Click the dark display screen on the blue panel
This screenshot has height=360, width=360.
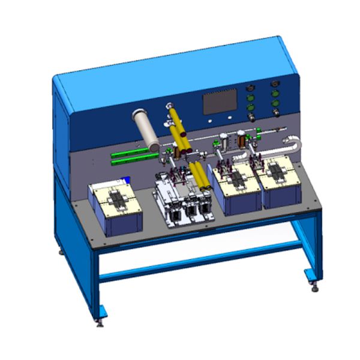pyautogui.click(x=219, y=104)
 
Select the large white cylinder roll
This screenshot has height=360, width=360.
pyautogui.click(x=146, y=130)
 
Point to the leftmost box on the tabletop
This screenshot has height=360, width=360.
pyautogui.click(x=115, y=207)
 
